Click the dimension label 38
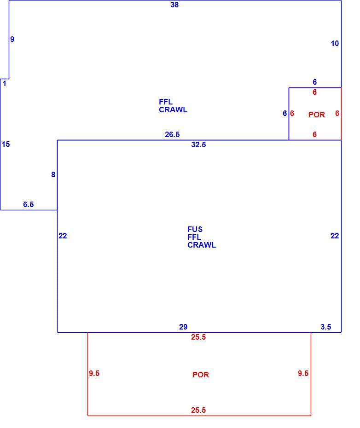tap(174, 5)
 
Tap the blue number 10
tap(335, 43)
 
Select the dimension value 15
tap(6, 144)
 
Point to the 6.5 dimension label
tap(29, 204)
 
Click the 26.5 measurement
tap(172, 134)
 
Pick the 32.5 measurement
tap(198, 145)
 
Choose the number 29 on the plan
tap(183, 327)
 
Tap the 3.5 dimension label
tap(326, 327)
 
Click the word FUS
tap(195, 229)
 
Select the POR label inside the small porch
tap(317, 115)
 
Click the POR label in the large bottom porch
tap(201, 375)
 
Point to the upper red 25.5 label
tap(198, 337)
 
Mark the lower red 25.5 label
tap(198, 410)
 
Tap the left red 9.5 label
tap(94, 373)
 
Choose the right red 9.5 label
tap(303, 373)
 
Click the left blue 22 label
tap(63, 236)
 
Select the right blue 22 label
tap(335, 236)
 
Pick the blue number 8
tap(53, 175)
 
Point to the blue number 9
tap(12, 39)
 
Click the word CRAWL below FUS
tap(202, 245)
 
